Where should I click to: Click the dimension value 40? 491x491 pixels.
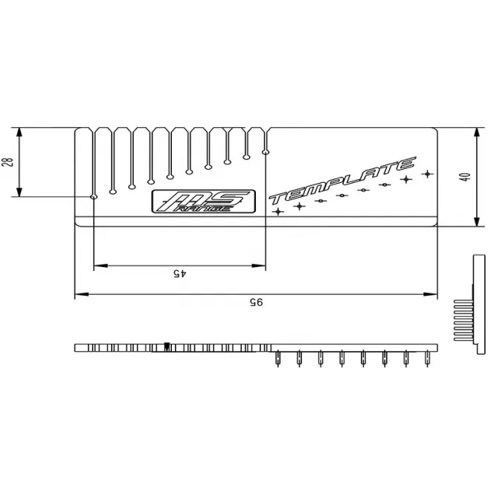(464, 176)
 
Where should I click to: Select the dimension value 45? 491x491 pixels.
(179, 273)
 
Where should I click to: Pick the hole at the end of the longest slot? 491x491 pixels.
(94, 197)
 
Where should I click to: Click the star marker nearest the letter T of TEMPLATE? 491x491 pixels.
(278, 212)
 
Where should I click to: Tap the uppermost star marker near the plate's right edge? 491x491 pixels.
(427, 173)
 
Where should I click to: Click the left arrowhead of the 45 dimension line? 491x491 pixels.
(97, 265)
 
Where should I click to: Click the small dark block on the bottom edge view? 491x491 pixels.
(167, 345)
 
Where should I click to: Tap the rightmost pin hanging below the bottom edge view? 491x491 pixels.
(428, 360)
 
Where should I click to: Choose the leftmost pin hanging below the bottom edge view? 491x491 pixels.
(277, 360)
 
